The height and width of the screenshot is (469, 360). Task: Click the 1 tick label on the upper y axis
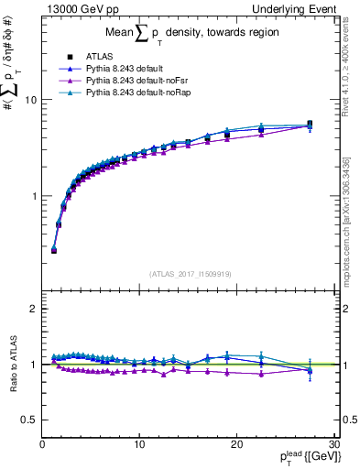tap(33, 196)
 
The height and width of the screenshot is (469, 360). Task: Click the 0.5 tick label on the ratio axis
tap(28, 420)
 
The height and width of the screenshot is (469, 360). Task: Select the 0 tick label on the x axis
tap(42, 444)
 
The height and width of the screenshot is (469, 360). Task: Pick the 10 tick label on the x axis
tap(139, 444)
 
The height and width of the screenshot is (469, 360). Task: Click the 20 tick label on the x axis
tap(236, 444)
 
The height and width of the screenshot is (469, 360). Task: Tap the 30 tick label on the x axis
tap(333, 444)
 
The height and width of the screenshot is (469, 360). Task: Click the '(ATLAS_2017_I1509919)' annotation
tap(189, 273)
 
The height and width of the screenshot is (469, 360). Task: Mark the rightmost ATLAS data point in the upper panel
tap(310, 124)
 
